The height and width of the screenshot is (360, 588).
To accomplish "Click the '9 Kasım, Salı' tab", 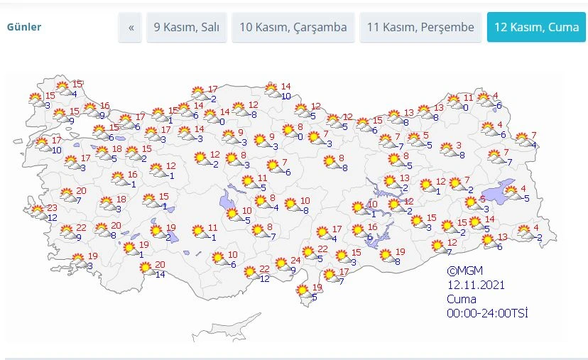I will point(187,28).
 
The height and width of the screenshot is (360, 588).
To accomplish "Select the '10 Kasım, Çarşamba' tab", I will point(293,28).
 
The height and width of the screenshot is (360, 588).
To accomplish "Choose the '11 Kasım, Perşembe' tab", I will point(420,28).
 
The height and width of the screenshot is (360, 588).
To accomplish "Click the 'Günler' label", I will point(24,28).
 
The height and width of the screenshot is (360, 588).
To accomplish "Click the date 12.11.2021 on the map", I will point(475,285).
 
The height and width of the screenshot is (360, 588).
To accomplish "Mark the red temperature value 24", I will point(295,260).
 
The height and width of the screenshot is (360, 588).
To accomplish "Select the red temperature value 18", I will point(117,149).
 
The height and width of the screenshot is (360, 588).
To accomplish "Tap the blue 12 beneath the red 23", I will point(52,217).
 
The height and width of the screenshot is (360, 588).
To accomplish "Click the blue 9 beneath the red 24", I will point(293,269).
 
